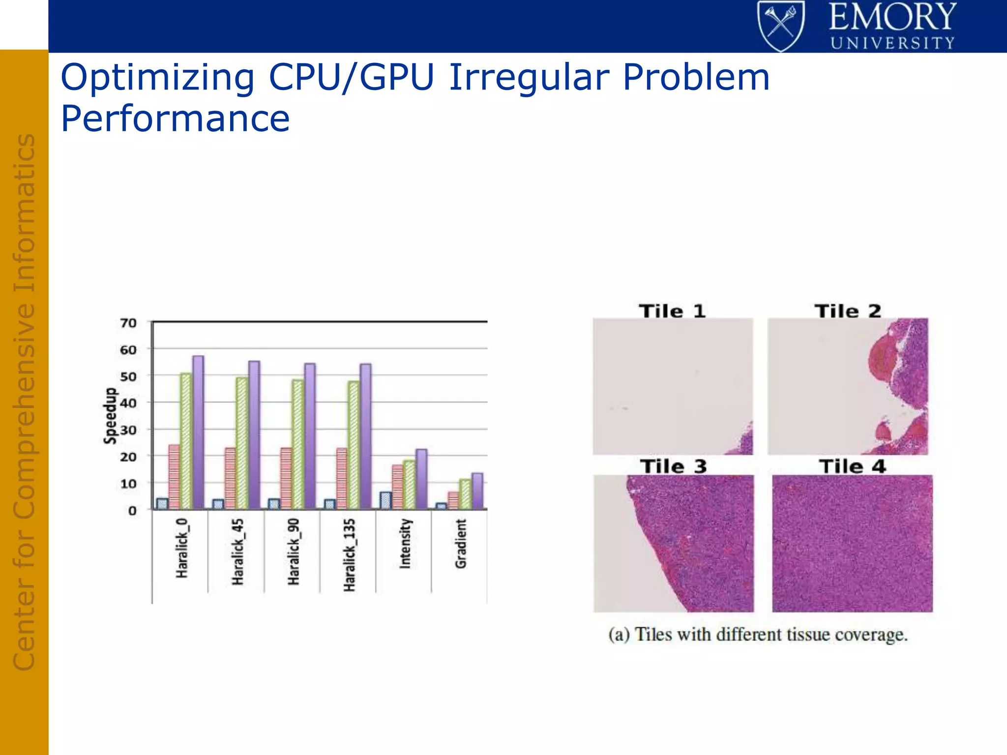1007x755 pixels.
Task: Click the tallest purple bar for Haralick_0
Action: [x=198, y=433]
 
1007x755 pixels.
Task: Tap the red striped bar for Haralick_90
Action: [x=286, y=478]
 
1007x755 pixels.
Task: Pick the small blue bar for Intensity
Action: [x=385, y=500]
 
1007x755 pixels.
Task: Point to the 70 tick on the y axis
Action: [x=128, y=323]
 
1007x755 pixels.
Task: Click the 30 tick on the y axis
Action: [x=128, y=430]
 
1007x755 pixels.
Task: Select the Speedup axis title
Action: [x=110, y=416]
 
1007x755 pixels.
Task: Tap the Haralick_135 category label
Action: [x=349, y=554]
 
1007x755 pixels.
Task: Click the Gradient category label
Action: [x=461, y=544]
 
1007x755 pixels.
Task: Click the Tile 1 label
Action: [x=672, y=311]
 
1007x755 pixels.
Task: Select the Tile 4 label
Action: [x=852, y=466]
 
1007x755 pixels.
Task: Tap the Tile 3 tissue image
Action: [x=674, y=543]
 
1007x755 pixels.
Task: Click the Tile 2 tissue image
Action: [x=848, y=386]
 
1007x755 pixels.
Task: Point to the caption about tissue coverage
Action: [x=758, y=635]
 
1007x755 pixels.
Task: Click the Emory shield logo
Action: [x=781, y=26]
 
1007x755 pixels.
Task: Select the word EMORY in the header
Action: [x=892, y=17]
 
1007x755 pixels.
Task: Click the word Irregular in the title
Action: [x=529, y=78]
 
